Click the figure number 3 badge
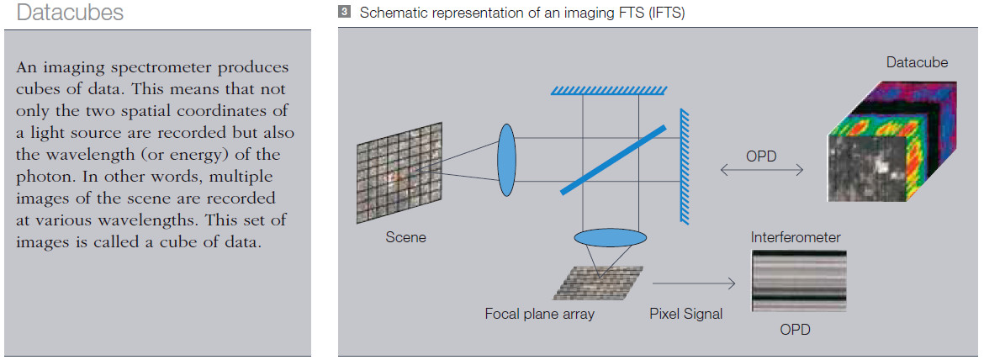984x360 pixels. pyautogui.click(x=343, y=13)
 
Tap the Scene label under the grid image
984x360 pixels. pyautogui.click(x=405, y=237)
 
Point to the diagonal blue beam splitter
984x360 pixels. pyautogui.click(x=613, y=160)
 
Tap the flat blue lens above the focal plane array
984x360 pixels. pyautogui.click(x=606, y=237)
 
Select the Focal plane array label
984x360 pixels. pyautogui.click(x=539, y=314)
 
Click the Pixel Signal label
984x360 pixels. pyautogui.click(x=685, y=314)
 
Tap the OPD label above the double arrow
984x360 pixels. pyautogui.click(x=762, y=156)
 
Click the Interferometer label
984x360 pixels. pyautogui.click(x=795, y=237)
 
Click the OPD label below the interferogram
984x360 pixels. pyautogui.click(x=795, y=330)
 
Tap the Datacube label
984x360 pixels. pyautogui.click(x=917, y=62)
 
